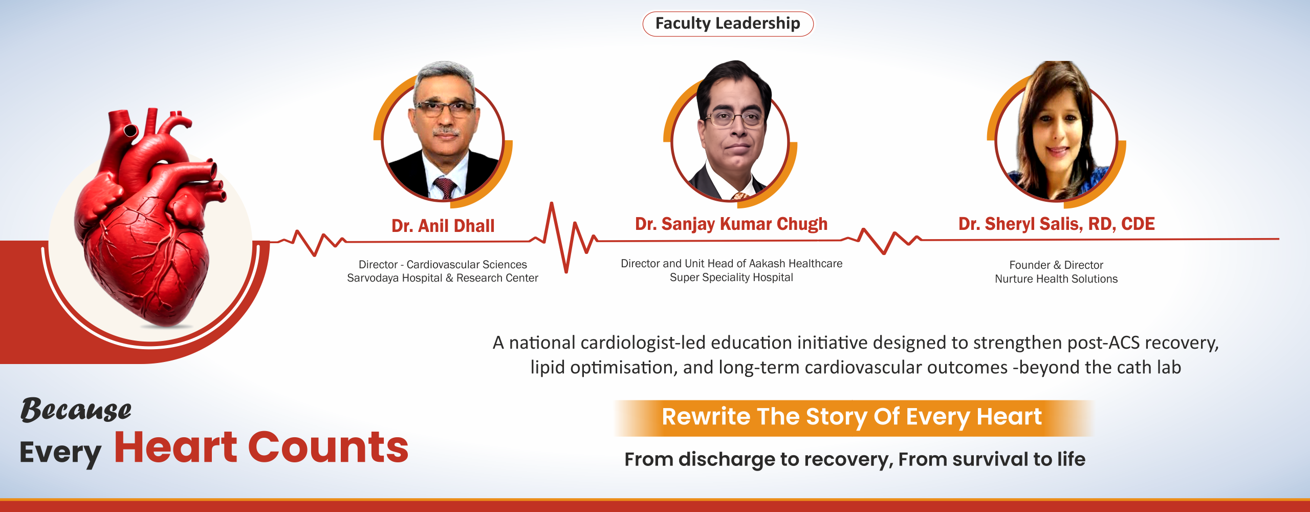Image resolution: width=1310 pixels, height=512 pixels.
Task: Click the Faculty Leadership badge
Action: click(728, 24)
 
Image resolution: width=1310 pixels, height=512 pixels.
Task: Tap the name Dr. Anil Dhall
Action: click(443, 226)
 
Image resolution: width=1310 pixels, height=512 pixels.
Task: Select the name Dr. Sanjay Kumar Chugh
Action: click(731, 224)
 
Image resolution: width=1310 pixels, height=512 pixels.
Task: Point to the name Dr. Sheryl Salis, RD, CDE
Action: click(1056, 224)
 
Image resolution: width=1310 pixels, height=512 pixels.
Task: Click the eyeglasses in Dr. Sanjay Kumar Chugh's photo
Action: click(734, 119)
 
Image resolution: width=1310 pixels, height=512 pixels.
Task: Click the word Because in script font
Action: click(76, 410)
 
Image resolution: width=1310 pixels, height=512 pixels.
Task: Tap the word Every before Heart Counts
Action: click(60, 453)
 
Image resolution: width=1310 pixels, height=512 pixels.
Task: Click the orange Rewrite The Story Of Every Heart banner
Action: click(852, 417)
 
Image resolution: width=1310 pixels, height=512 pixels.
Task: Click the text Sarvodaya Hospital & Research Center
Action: click(443, 278)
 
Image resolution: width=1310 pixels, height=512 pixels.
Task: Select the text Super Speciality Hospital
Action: click(731, 278)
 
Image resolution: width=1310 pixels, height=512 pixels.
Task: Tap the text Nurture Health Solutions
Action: click(1056, 279)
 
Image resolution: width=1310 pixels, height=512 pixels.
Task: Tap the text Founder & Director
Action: click(1056, 265)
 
